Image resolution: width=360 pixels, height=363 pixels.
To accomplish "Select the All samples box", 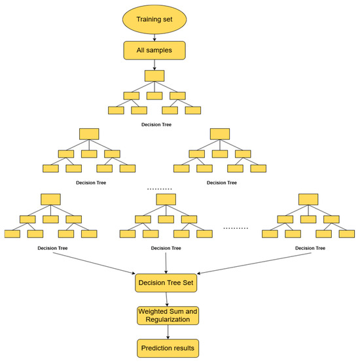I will click(x=156, y=50).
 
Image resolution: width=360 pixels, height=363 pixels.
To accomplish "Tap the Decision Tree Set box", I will click(x=166, y=283).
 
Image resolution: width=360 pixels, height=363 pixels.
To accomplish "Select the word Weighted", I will click(x=152, y=311).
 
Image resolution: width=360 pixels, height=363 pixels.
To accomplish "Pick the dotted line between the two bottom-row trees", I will click(x=236, y=228).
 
